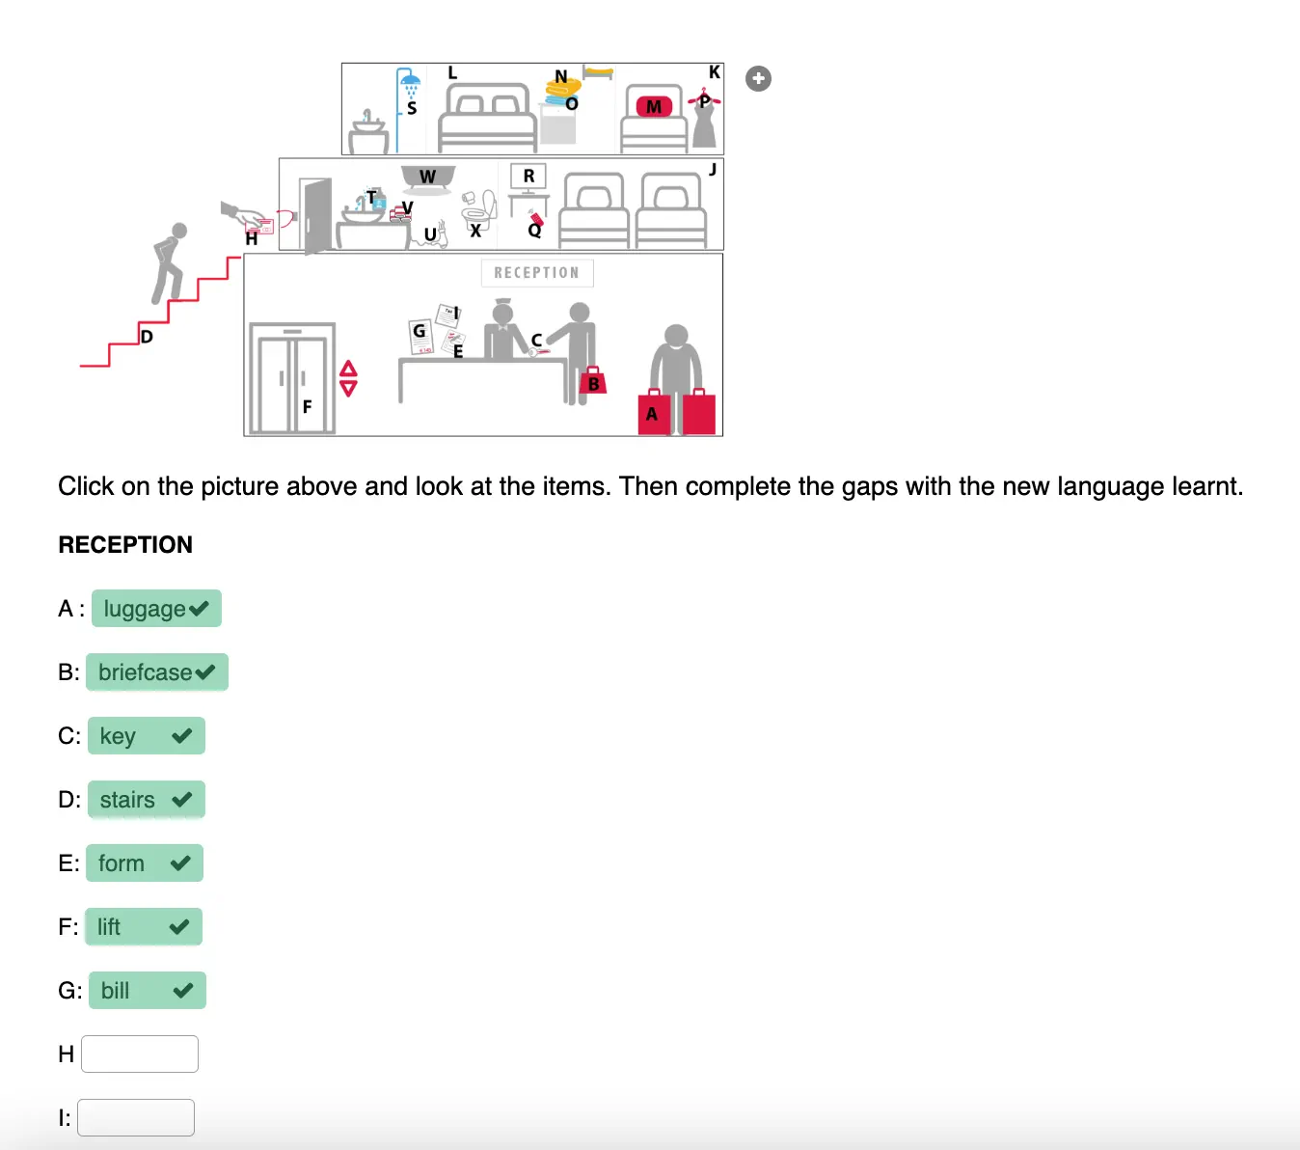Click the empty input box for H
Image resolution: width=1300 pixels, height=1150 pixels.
tap(140, 1054)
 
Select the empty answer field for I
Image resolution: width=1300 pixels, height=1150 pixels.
tap(136, 1117)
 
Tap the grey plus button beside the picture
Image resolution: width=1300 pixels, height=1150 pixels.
tap(758, 79)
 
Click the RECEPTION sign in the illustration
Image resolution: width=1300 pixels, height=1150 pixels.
tap(537, 273)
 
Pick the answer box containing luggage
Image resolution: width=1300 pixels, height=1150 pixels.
tap(156, 608)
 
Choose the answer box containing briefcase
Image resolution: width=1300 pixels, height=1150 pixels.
tap(157, 671)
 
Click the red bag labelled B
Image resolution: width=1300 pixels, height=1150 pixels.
tap(593, 380)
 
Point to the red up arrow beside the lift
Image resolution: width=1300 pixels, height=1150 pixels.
tap(348, 368)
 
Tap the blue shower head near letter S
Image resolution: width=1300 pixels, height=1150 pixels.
tap(409, 79)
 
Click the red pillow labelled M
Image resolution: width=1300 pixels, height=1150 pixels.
tap(654, 106)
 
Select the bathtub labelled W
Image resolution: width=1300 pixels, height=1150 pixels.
tap(428, 178)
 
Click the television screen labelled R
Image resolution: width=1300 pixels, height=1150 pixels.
tap(528, 176)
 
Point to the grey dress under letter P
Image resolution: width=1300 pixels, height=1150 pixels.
tap(705, 125)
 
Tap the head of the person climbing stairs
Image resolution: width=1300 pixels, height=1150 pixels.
tap(179, 231)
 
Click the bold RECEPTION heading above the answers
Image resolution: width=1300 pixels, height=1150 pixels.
tap(125, 544)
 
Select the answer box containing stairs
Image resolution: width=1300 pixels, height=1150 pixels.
tap(147, 800)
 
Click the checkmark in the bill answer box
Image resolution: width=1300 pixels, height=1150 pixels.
tap(183, 990)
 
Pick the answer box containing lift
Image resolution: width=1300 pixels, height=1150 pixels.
tap(144, 926)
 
